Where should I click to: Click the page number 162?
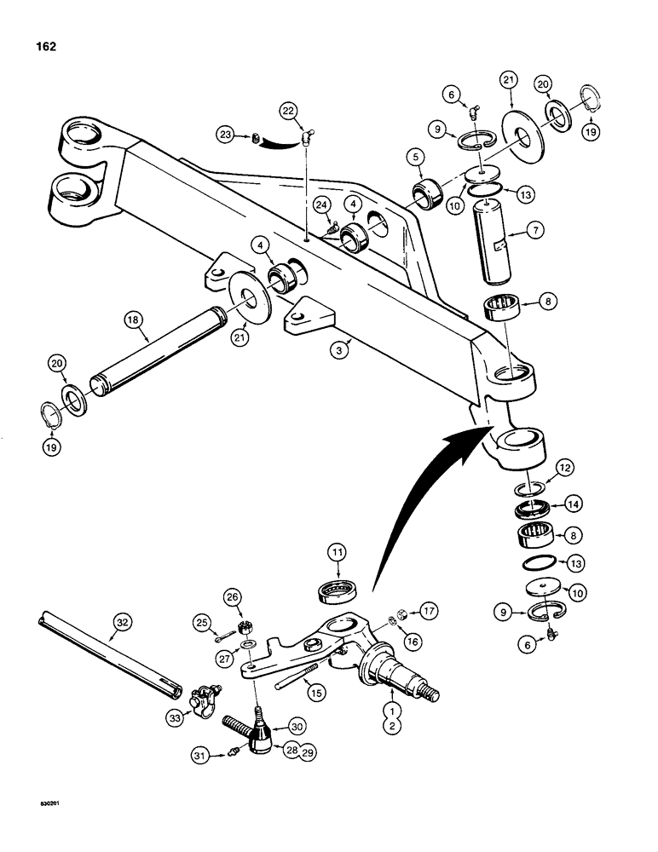click(x=46, y=47)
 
